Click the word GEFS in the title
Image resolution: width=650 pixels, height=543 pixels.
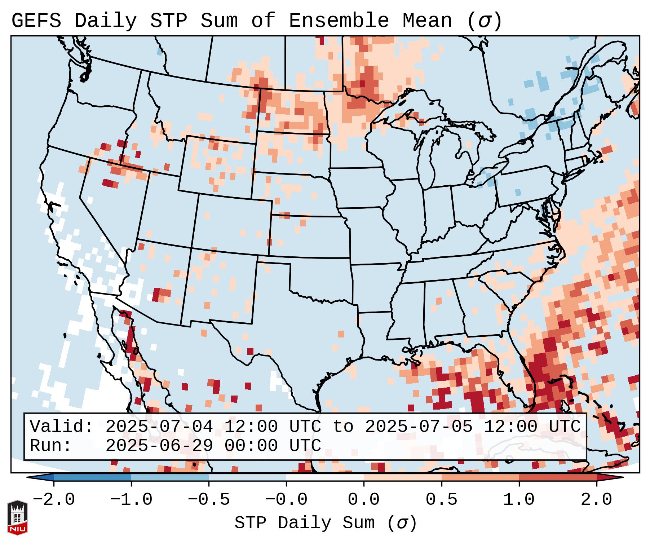[x=36, y=21]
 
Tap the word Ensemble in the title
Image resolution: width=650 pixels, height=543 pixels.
[x=339, y=21]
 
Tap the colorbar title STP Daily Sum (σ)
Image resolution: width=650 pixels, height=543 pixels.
[x=326, y=523]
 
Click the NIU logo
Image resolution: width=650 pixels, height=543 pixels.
[x=17, y=517]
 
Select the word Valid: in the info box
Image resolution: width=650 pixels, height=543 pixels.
[x=62, y=427]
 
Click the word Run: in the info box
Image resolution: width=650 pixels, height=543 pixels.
[x=51, y=446]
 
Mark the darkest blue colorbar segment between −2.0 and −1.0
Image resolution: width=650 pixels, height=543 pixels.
[x=92, y=477]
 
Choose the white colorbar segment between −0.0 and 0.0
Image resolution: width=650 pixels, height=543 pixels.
[x=325, y=477]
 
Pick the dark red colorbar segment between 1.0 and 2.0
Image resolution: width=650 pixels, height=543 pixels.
[x=558, y=477]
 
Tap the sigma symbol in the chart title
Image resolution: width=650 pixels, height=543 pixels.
[x=484, y=21]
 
